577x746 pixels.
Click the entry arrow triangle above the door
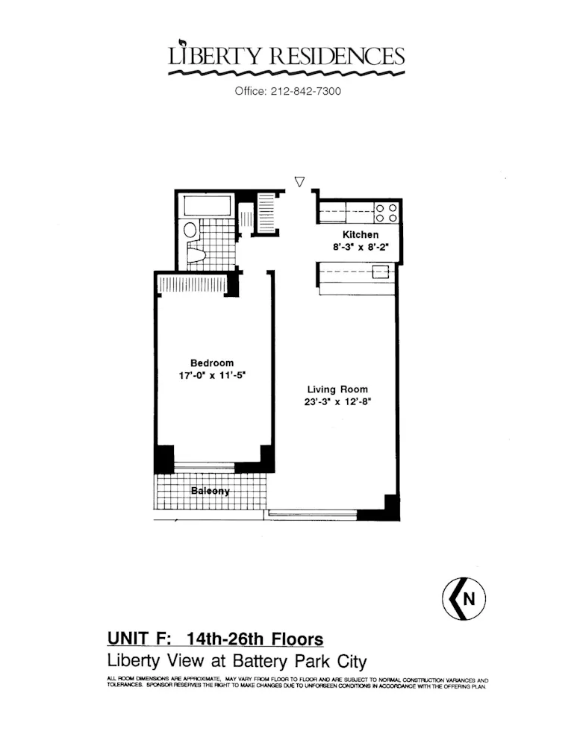pos(300,181)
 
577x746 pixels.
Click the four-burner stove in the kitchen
pos(385,213)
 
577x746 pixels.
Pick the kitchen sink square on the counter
pos(381,272)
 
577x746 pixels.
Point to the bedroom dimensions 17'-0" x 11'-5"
pos(212,376)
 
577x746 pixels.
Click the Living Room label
pos(337,389)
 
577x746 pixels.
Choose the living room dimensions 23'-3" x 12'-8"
pos(338,402)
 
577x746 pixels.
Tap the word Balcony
pos(210,492)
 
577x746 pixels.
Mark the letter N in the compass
pos(469,599)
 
